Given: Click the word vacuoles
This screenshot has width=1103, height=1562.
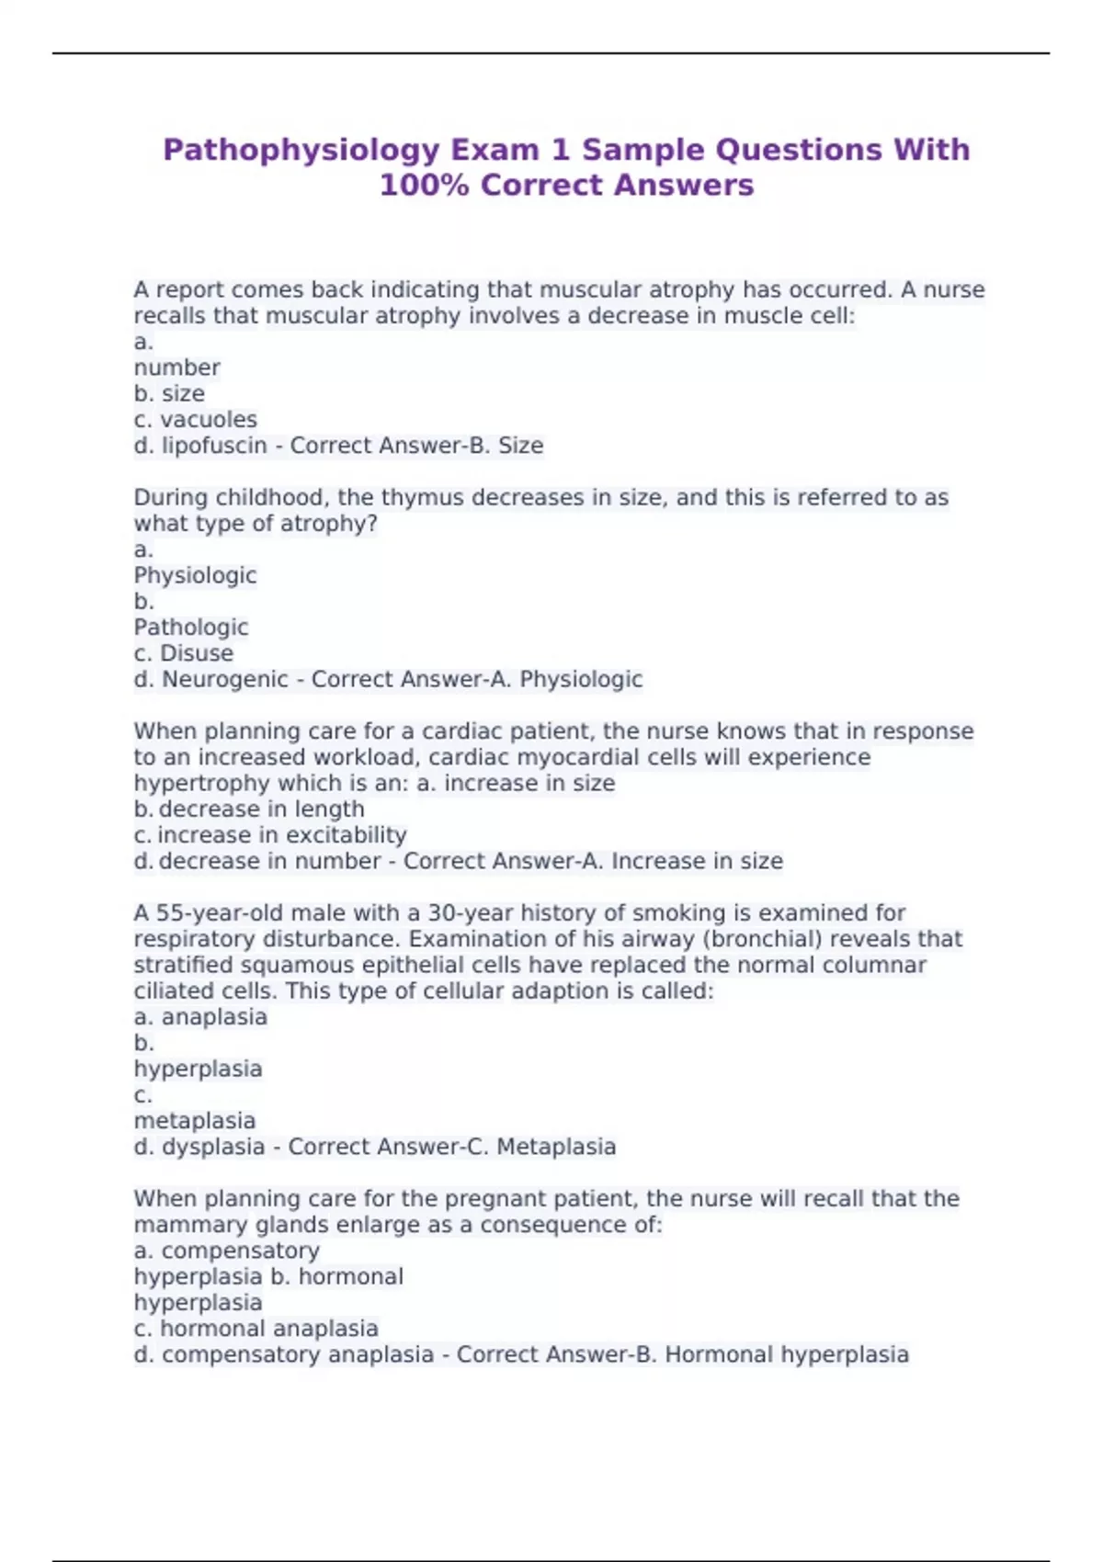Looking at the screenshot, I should pyautogui.click(x=209, y=420).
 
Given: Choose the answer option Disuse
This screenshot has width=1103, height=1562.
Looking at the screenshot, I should pyautogui.click(x=197, y=653).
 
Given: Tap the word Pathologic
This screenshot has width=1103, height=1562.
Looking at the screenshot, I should pyautogui.click(x=191, y=628).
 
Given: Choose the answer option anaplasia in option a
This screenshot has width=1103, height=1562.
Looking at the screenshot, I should pyautogui.click(x=214, y=1017).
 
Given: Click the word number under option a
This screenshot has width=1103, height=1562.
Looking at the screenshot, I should pyautogui.click(x=177, y=368).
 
